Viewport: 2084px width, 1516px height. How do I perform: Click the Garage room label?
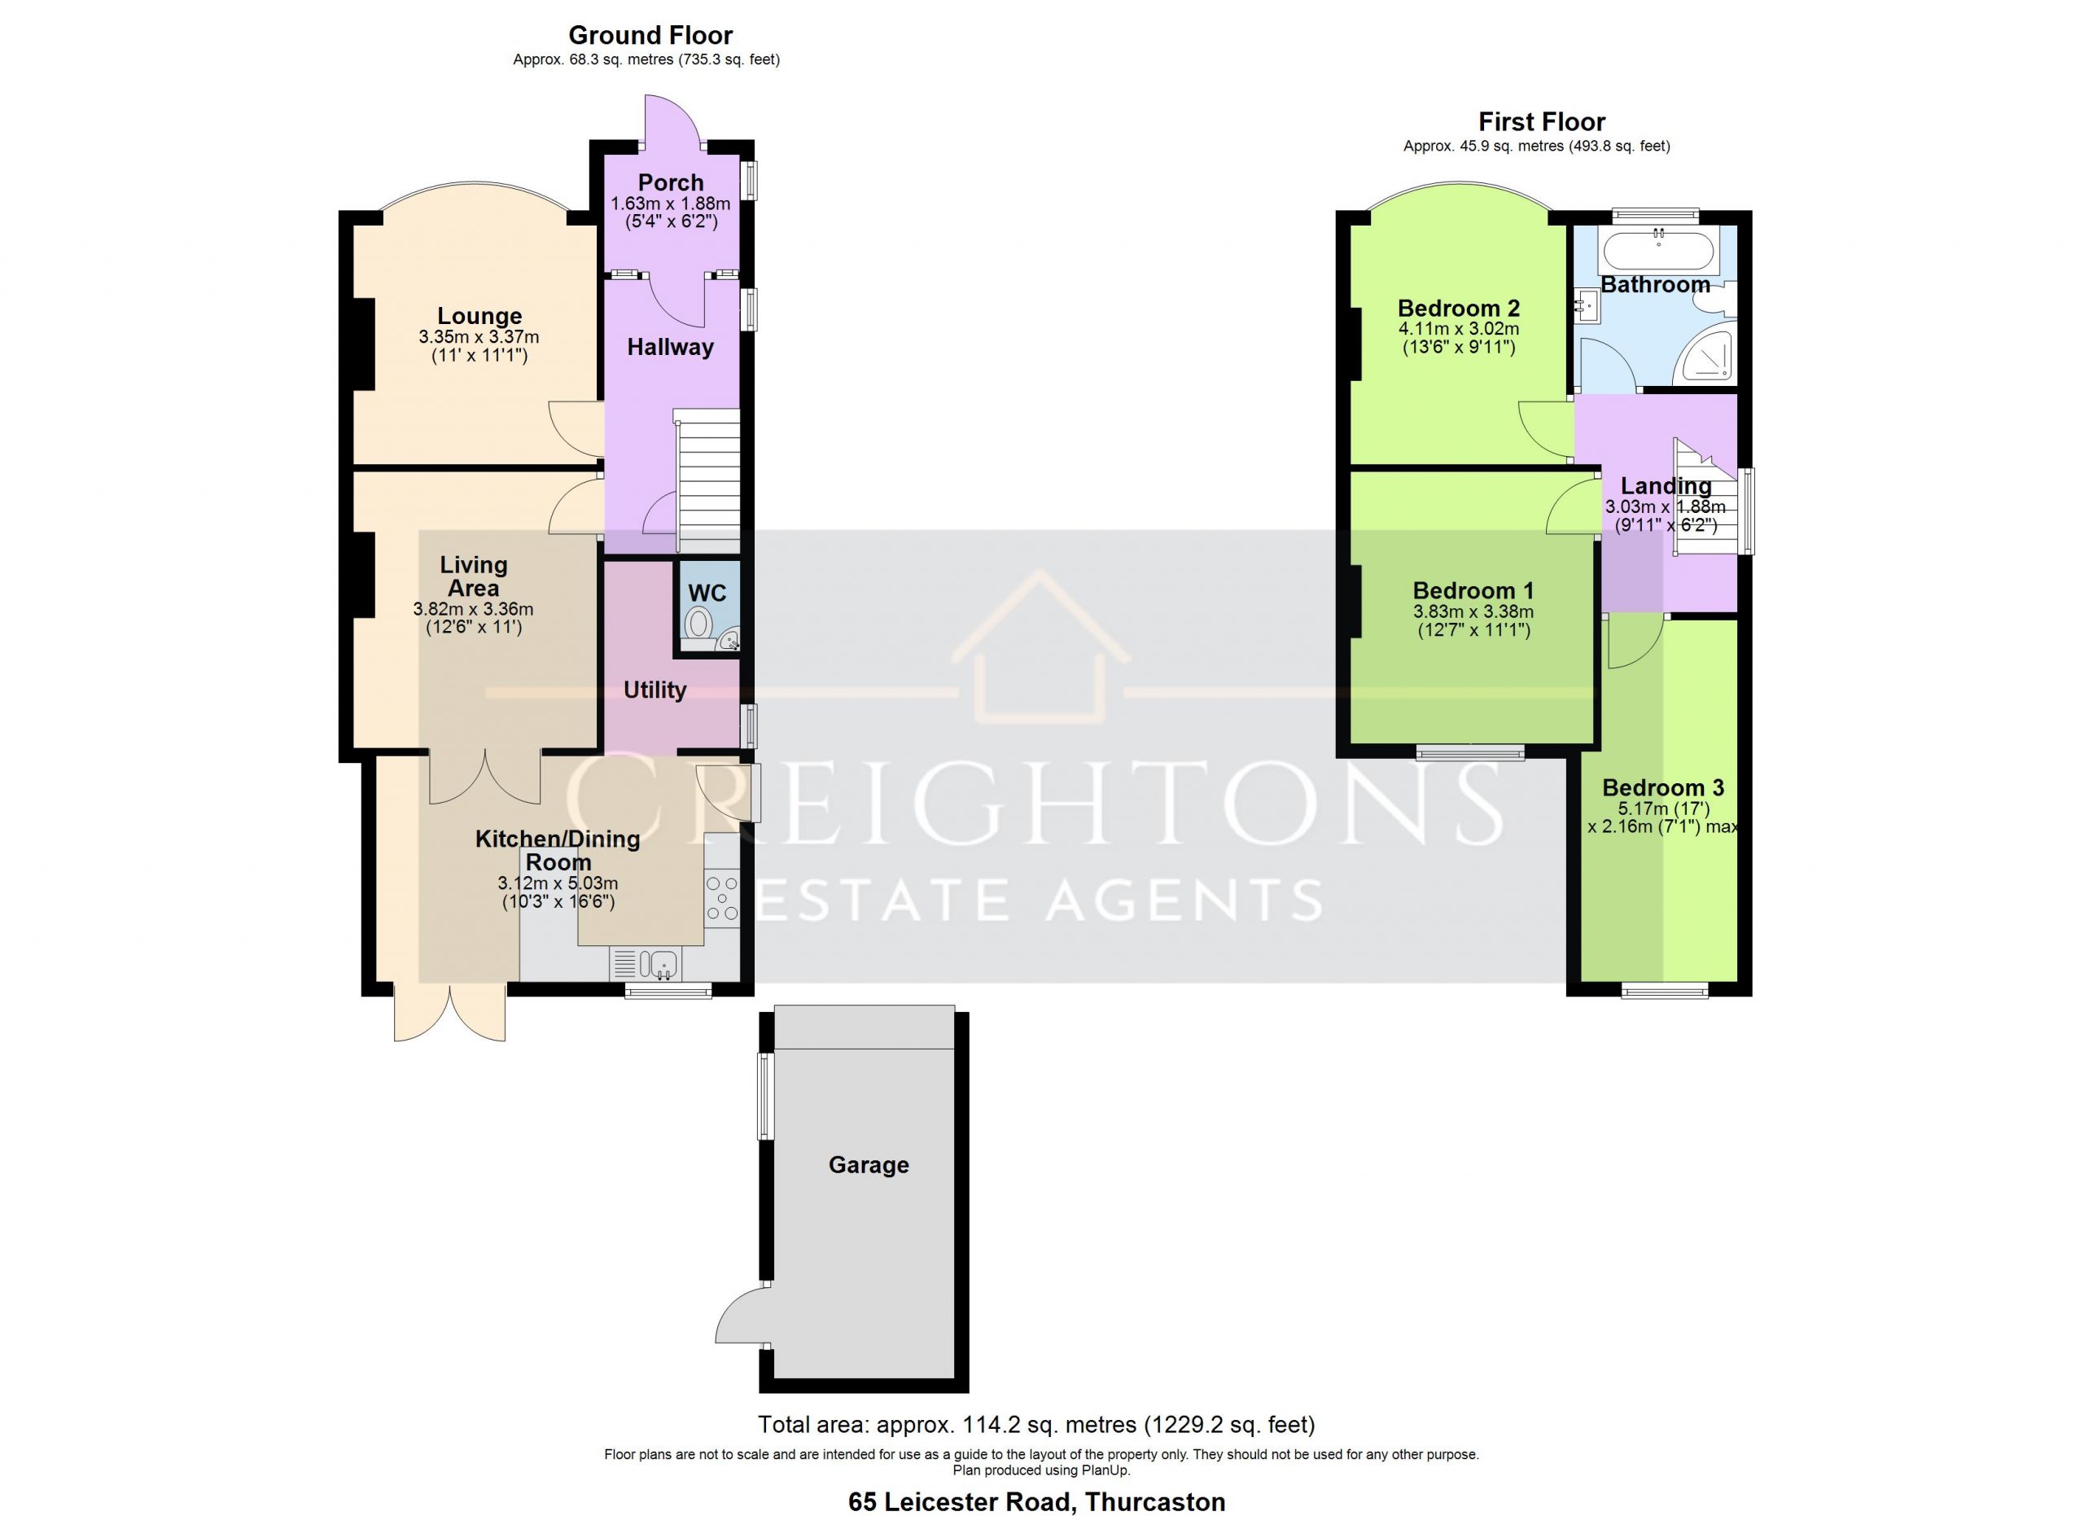click(869, 1165)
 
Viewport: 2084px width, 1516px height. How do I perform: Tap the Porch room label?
click(671, 183)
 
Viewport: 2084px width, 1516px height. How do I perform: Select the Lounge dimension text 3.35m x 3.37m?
click(479, 337)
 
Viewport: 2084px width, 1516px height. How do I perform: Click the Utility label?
click(655, 690)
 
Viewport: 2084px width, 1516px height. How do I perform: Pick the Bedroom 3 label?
click(1663, 787)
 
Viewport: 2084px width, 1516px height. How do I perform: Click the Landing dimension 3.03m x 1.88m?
click(1665, 507)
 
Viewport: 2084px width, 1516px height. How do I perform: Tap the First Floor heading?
click(1542, 121)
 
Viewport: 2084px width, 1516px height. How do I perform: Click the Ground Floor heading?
click(650, 35)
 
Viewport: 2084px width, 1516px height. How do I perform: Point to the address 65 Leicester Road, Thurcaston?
click(1036, 1501)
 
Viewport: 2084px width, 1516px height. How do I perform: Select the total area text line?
click(1036, 1425)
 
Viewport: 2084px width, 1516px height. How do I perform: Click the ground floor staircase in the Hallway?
click(708, 481)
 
